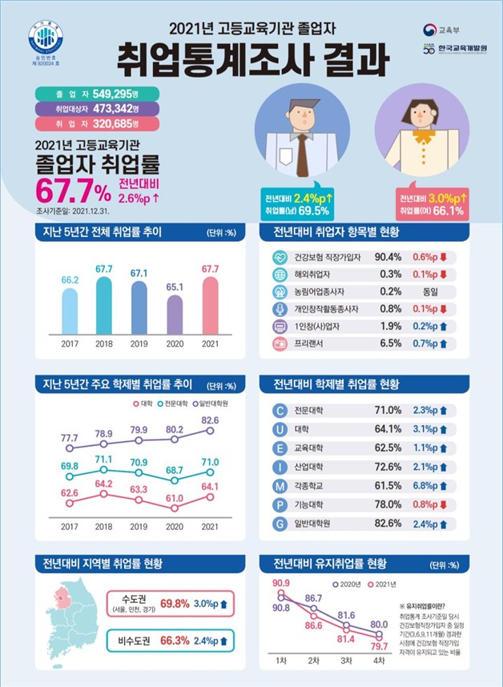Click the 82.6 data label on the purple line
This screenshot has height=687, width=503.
click(x=210, y=420)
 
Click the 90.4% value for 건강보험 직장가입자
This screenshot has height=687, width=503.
click(x=388, y=257)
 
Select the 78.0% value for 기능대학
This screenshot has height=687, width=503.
click(x=388, y=504)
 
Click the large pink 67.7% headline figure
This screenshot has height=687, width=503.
click(x=72, y=192)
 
